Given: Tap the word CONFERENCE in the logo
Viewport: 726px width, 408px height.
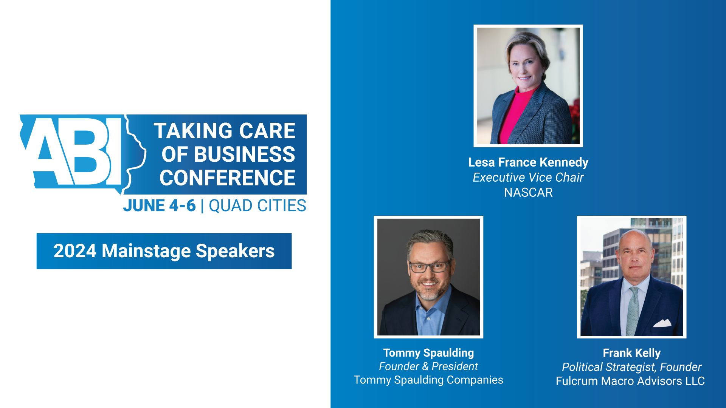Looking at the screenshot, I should point(227,178).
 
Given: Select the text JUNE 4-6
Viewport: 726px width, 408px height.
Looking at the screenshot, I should point(159,206).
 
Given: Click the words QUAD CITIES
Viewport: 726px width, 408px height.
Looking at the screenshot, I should point(257,206).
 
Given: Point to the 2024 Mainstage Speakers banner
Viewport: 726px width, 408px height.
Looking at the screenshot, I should point(164,251).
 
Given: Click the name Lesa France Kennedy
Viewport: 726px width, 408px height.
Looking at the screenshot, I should point(528,162).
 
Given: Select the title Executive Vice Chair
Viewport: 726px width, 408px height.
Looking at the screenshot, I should point(528,178).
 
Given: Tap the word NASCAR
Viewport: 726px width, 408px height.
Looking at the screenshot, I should point(528,193).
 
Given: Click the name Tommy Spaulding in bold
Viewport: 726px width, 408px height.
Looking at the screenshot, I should point(428,353).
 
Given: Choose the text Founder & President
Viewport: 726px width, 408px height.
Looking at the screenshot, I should point(428,366).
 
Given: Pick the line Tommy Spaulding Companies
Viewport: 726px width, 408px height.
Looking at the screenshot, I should point(428,380).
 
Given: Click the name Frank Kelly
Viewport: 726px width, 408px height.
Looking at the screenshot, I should point(631,353).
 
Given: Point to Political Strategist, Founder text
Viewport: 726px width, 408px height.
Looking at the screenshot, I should point(631,367).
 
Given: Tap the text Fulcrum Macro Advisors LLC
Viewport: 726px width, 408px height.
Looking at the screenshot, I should point(630,381).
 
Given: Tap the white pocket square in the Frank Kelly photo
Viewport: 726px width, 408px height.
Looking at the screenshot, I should point(662,323).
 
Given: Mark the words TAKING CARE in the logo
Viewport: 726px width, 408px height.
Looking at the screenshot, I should point(224,131).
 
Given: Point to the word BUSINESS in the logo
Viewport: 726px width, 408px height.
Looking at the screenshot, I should point(244,155).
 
